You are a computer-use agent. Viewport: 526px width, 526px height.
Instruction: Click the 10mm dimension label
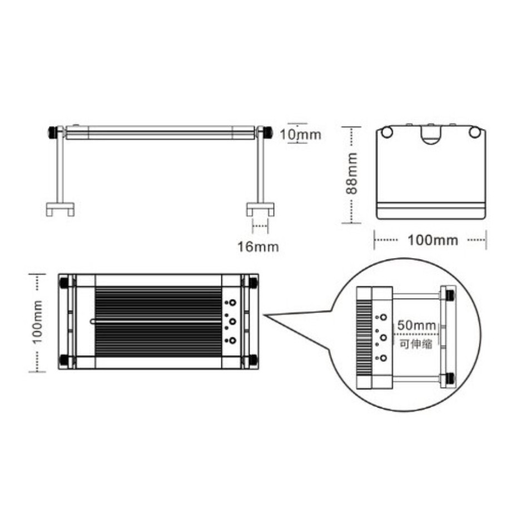pos(300,134)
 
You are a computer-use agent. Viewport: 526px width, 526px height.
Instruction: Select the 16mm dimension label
pos(258,246)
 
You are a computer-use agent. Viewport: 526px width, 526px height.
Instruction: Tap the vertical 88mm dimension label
pos(351,173)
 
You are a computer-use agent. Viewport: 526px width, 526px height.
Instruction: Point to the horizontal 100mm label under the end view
pos(433,240)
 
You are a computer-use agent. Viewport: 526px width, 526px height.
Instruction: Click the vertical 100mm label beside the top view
pos(37,322)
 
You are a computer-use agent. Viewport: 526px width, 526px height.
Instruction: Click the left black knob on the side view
pos(53,133)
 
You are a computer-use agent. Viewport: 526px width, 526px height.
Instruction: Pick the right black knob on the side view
pos(267,133)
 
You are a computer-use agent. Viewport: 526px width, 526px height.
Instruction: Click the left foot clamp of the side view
pos(59,209)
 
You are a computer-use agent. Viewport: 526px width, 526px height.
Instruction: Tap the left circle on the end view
pos(388,132)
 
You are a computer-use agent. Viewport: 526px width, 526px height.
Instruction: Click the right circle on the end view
pos(474,132)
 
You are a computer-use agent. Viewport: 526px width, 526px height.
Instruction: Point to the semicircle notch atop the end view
pos(431,135)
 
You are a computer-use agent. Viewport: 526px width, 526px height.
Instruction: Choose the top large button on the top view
pos(232,303)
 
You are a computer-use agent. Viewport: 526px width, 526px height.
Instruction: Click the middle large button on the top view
pos(232,321)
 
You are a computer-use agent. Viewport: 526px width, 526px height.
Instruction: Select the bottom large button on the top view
pos(232,340)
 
